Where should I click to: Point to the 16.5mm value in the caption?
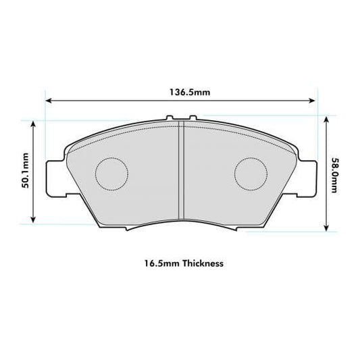click(157, 263)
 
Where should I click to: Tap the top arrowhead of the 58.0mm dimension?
click(327, 118)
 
